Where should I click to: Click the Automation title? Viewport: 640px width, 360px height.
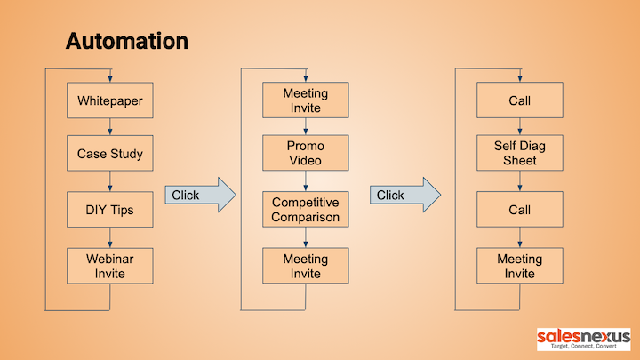(x=127, y=41)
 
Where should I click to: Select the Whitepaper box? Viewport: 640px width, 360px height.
(x=110, y=100)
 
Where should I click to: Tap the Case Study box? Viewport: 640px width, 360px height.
(x=110, y=153)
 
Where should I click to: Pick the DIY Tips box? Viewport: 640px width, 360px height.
(x=110, y=210)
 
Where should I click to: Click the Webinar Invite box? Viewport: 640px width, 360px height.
(x=110, y=266)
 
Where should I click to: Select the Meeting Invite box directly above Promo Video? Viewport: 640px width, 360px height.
(x=306, y=100)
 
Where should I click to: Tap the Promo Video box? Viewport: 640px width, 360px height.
(x=306, y=153)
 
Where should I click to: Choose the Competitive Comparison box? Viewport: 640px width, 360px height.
(x=306, y=209)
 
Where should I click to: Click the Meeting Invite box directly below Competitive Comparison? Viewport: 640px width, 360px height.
(x=306, y=265)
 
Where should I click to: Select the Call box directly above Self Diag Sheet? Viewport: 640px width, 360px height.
(x=520, y=100)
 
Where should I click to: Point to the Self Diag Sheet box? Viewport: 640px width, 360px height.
(x=520, y=153)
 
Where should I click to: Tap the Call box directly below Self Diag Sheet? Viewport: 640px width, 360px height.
(x=520, y=209)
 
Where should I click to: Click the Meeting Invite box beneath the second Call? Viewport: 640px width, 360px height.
(x=520, y=265)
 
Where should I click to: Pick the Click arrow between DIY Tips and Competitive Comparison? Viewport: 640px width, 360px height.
(x=200, y=195)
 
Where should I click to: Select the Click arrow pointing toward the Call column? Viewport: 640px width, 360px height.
(x=405, y=195)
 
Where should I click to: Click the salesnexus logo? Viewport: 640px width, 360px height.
(x=584, y=340)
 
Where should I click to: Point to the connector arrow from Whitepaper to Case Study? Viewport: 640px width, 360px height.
(x=110, y=126)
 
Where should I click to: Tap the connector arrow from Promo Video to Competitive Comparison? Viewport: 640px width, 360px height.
(x=306, y=180)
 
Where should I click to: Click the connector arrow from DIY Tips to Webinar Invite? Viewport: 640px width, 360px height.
(x=110, y=237)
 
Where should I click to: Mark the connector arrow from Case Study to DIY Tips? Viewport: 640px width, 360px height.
(x=110, y=181)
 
